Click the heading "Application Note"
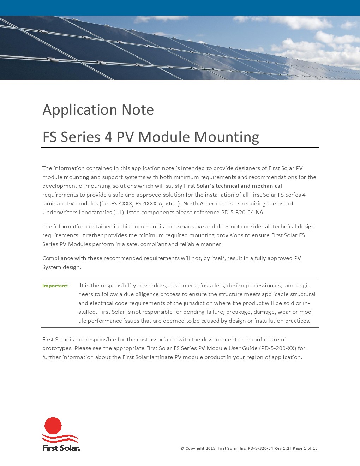[98, 110]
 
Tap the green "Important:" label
[55, 286]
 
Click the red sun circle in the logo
[53, 426]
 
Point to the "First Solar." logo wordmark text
[61, 448]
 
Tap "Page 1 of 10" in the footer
[305, 448]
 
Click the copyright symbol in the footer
[182, 448]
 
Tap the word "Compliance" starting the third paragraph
[58, 258]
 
